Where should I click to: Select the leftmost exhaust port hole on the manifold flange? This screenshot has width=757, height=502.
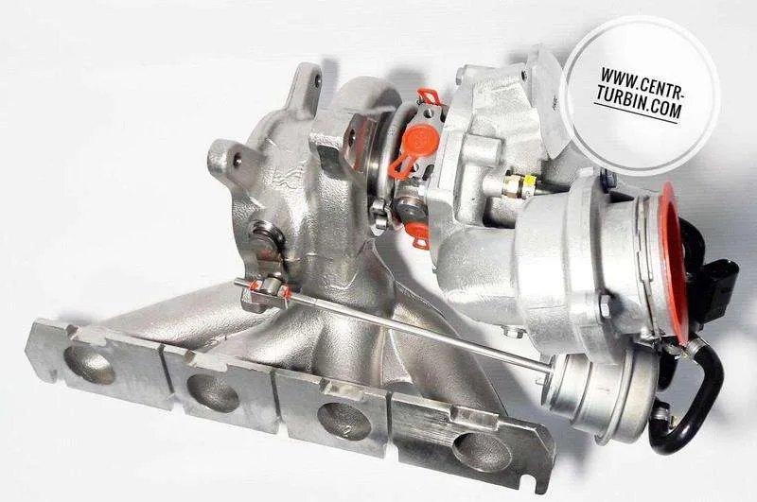[89, 365]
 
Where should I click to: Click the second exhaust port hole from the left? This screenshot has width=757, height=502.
[213, 393]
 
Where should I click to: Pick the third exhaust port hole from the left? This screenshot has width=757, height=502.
[344, 421]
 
